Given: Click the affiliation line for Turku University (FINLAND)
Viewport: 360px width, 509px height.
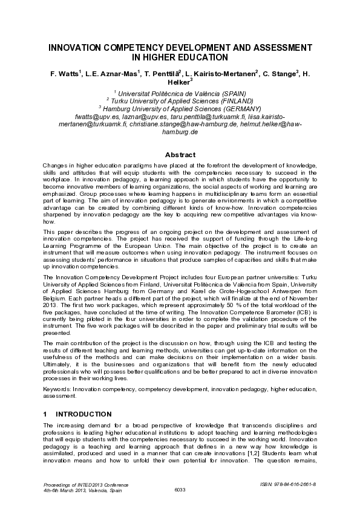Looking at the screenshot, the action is coord(180,100).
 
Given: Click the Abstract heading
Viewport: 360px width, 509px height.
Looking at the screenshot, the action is coord(180,155).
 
